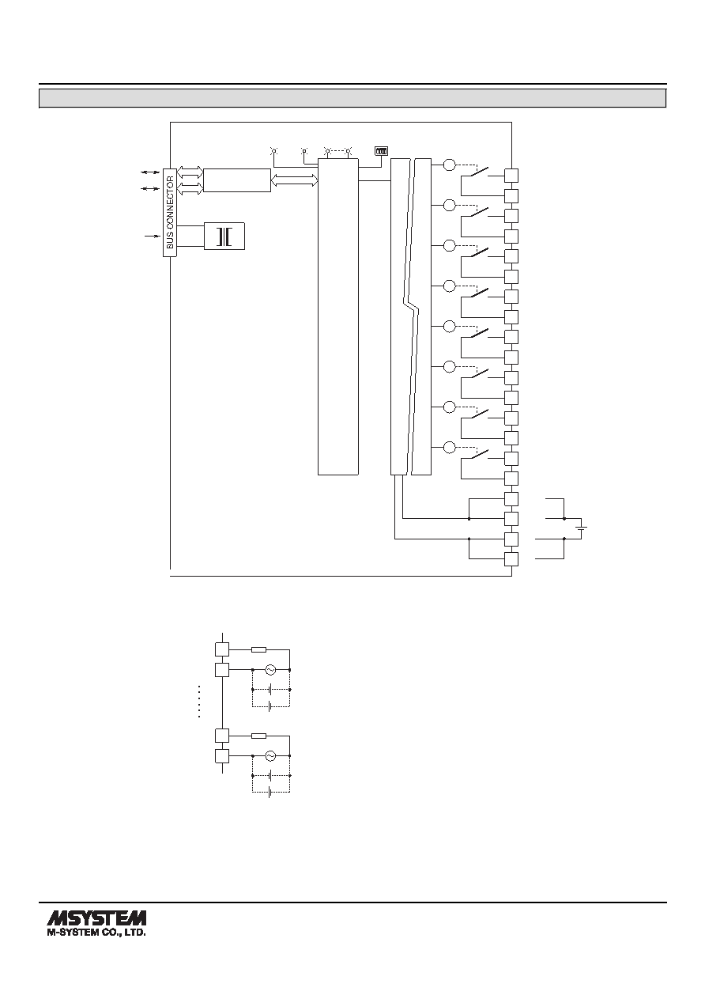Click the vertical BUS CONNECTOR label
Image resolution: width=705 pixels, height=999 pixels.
pyautogui.click(x=170, y=212)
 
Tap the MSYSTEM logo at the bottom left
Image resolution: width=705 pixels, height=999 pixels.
pyautogui.click(x=96, y=918)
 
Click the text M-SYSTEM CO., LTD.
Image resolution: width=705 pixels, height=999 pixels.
pyautogui.click(x=96, y=933)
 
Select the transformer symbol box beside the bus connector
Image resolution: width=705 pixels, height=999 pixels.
pyautogui.click(x=224, y=236)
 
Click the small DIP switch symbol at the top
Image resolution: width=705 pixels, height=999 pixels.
pyautogui.click(x=382, y=151)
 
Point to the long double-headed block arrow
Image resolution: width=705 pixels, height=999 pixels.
pyautogui.click(x=294, y=180)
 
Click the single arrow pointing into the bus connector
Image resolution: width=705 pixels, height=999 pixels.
pyautogui.click(x=153, y=236)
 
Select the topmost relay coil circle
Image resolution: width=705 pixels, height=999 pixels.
pyautogui.click(x=450, y=165)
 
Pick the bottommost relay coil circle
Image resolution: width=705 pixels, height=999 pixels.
pyautogui.click(x=450, y=448)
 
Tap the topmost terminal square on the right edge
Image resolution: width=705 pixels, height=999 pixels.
pyautogui.click(x=511, y=176)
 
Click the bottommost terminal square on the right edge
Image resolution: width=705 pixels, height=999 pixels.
pyautogui.click(x=511, y=559)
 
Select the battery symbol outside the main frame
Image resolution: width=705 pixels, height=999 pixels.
pyautogui.click(x=581, y=528)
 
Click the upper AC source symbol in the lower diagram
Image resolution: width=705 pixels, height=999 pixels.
pyautogui.click(x=270, y=669)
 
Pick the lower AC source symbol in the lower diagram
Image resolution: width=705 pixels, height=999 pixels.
pyautogui.click(x=270, y=756)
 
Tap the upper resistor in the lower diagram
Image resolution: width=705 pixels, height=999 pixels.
pyautogui.click(x=259, y=650)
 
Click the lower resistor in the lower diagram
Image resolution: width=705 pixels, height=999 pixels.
pyautogui.click(x=259, y=736)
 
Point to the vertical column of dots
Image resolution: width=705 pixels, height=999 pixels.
pyautogui.click(x=198, y=702)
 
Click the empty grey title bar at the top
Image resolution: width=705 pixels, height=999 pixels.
pyautogui.click(x=352, y=99)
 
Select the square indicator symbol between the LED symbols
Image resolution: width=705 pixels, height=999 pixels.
pyautogui.click(x=304, y=151)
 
